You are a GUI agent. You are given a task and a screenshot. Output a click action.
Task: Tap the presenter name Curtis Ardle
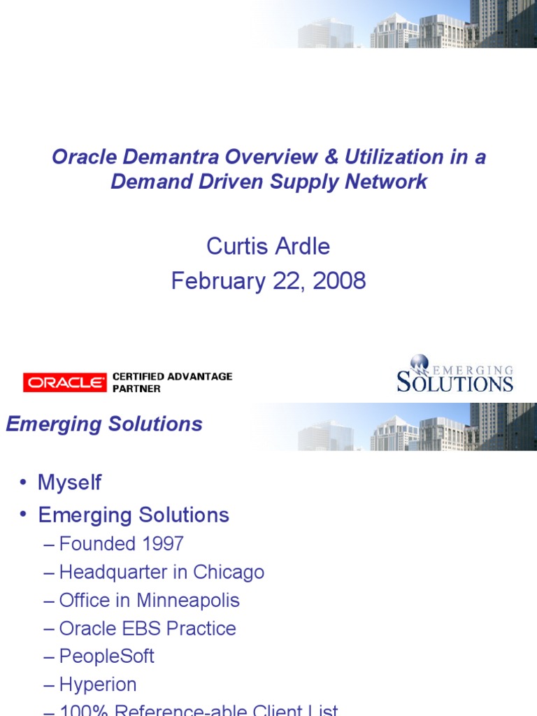[268, 246]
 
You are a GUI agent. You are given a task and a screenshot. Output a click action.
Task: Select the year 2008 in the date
[339, 281]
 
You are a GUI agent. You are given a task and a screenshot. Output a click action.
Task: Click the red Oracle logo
[64, 382]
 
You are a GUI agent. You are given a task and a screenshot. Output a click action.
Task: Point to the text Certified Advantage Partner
[172, 382]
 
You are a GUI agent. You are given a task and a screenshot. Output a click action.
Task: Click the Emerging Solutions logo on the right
[454, 375]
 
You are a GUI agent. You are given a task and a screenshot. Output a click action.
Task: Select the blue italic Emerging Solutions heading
[104, 424]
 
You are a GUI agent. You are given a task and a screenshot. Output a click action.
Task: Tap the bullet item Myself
[69, 482]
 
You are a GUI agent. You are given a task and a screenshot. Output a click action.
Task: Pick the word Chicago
[229, 572]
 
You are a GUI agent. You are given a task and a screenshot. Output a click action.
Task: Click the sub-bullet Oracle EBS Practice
[148, 629]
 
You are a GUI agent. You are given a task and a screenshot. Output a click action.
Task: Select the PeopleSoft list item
[106, 657]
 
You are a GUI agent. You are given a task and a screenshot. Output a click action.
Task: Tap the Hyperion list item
[98, 685]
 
